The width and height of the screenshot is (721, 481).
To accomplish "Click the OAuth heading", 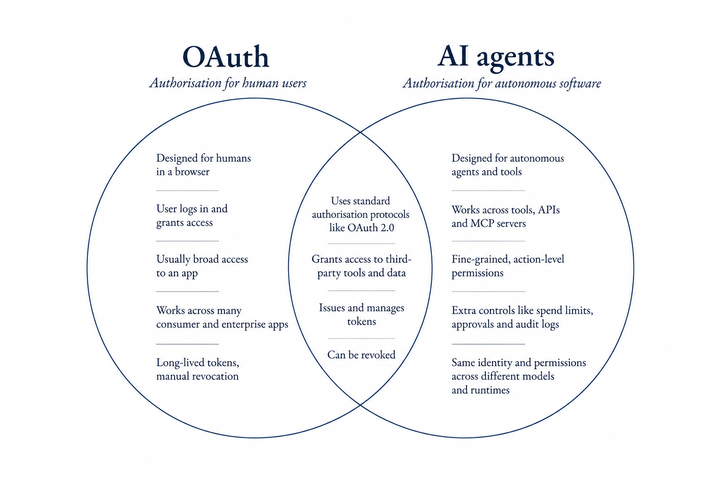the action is coord(226,57).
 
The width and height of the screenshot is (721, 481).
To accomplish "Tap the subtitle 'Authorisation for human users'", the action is coord(228,83).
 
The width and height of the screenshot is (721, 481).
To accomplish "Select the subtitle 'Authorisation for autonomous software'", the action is coord(502,84).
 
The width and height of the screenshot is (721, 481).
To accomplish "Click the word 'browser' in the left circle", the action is coord(192,172).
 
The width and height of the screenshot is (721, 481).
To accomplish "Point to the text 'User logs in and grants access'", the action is coord(192,216).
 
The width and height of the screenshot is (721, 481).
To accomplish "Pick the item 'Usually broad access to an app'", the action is coord(202,266).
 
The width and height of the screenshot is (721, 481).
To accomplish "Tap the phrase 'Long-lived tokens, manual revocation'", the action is coord(198,369).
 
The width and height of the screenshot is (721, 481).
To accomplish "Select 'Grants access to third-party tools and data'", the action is coord(361,266).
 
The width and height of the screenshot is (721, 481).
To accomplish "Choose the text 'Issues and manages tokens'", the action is coord(361,314).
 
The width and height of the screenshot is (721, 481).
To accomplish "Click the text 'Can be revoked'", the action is coord(361,355).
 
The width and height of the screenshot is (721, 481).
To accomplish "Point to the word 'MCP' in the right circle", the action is coord(482,224).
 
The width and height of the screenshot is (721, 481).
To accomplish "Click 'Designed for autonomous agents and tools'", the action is coord(507,165).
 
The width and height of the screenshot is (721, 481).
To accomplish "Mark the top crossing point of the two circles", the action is coord(360,132).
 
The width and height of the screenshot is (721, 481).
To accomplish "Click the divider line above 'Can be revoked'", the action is coord(361,339).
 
